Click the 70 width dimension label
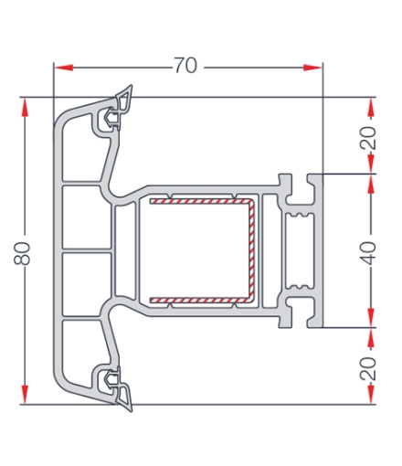pyautogui.click(x=185, y=65)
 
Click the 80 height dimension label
pyautogui.click(x=22, y=253)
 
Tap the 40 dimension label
pyautogui.click(x=368, y=253)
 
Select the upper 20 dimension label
pyautogui.click(x=368, y=138)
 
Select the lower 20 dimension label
pyautogui.click(x=368, y=368)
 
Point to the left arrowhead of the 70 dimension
pyautogui.click(x=63, y=68)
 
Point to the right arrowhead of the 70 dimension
pyautogui.click(x=312, y=68)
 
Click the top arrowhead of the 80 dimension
pyautogui.click(x=25, y=107)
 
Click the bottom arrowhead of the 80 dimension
pyautogui.click(x=25, y=395)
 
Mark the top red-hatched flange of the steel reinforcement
pyautogui.click(x=199, y=201)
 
